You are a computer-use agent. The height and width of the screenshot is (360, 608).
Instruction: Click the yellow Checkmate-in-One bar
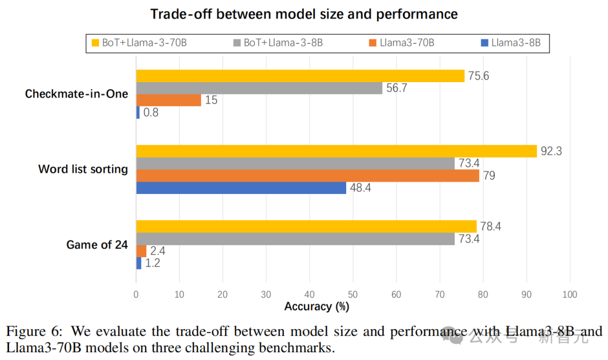point(300,76)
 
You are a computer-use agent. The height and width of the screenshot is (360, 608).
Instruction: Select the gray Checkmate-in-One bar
point(259,88)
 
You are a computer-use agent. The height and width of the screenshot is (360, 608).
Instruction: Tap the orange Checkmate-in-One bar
point(168,100)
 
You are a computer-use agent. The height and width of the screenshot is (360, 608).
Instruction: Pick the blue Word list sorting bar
point(241,188)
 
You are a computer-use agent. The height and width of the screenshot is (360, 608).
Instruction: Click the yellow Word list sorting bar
point(336,151)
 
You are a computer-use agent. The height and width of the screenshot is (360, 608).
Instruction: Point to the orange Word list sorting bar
point(307,175)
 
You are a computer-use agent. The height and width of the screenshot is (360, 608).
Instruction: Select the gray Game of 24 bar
point(295,239)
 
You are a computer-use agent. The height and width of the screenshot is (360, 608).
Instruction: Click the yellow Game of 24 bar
point(306,226)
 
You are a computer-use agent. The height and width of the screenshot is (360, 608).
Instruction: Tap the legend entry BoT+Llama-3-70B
point(140,43)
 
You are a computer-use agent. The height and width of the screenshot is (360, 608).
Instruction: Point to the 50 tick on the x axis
point(353,294)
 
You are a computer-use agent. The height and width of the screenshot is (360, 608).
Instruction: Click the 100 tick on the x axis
point(570,294)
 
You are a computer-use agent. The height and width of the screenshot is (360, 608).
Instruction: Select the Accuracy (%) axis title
point(317,307)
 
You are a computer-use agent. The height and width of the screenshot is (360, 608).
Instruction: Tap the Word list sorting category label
point(83,169)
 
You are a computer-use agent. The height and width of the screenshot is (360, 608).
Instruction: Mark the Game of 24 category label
point(97,245)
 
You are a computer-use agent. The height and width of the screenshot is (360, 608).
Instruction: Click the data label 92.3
point(552,151)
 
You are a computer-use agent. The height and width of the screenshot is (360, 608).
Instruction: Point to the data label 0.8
point(151,112)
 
